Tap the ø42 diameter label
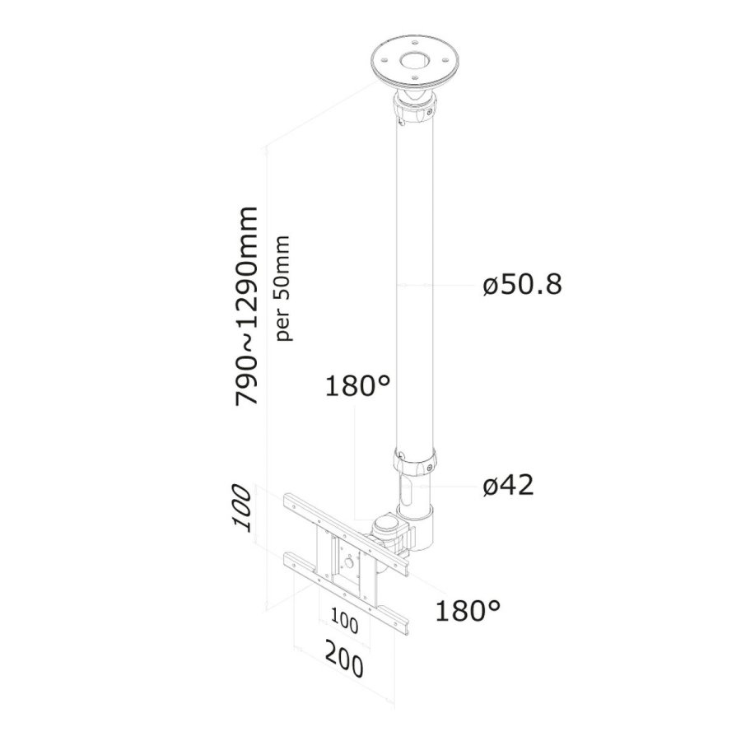coord(508,486)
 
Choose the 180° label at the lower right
coord(468,610)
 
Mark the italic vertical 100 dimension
coord(241,509)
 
